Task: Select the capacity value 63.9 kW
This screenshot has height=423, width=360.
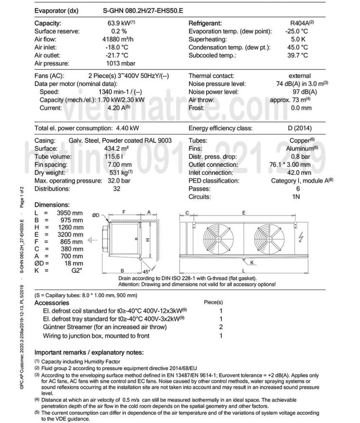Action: [120, 24]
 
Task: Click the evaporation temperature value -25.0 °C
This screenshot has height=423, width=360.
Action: [296, 31]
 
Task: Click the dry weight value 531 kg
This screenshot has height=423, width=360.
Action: [118, 173]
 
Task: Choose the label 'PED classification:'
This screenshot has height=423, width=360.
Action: [215, 181]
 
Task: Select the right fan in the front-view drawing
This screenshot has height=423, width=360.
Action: [269, 240]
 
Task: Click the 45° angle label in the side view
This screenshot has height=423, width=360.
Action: [146, 272]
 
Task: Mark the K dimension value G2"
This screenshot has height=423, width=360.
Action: [75, 271]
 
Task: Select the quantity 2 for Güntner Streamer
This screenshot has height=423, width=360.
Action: [221, 327]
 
